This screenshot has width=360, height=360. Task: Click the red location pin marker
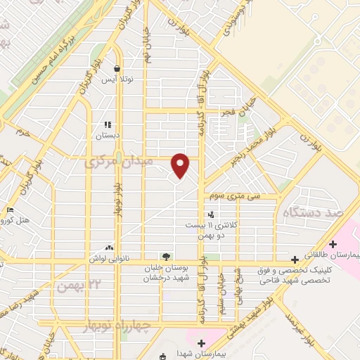click(x=181, y=165)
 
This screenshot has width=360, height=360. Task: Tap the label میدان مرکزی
click(x=119, y=163)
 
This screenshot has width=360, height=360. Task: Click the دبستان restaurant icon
click(x=108, y=124)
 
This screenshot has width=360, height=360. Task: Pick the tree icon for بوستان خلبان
click(x=166, y=256)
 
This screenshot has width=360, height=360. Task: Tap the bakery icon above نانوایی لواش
click(x=108, y=247)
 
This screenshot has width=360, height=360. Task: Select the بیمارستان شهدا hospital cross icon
click(x=201, y=342)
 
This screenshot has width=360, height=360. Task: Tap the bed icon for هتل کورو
click(x=10, y=210)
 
